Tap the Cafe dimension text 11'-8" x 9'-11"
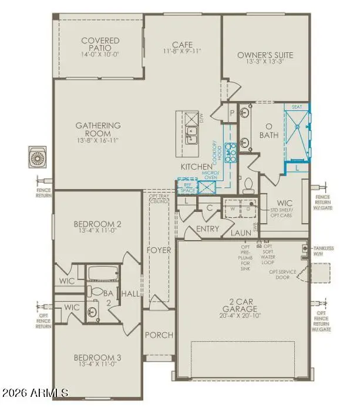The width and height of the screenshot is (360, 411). click(x=183, y=51)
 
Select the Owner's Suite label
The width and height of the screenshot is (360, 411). click(x=265, y=56)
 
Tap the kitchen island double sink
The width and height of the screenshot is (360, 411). click(x=191, y=134)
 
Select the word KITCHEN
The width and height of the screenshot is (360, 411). click(x=197, y=167)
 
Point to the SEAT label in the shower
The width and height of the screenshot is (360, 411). click(x=297, y=107)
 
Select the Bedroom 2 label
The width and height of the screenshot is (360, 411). click(x=97, y=224)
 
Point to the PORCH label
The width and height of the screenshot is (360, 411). click(x=159, y=335)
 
